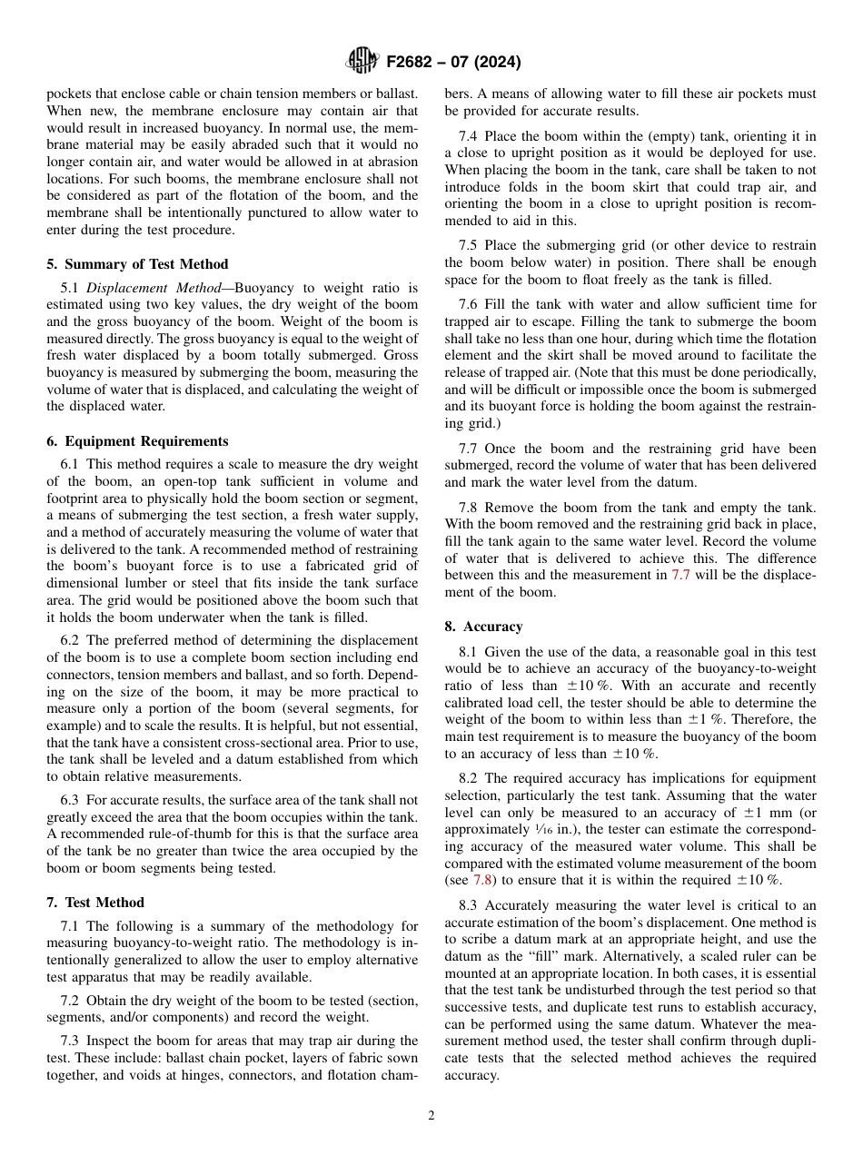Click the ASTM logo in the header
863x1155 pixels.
coord(362,62)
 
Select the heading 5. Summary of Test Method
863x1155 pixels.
coord(137,264)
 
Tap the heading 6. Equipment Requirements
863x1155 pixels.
coord(137,441)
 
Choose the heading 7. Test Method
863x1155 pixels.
coord(94,903)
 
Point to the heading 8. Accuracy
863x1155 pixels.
coord(483,627)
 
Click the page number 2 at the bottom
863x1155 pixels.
coord(431,1116)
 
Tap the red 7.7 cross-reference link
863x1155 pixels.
coord(681,575)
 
